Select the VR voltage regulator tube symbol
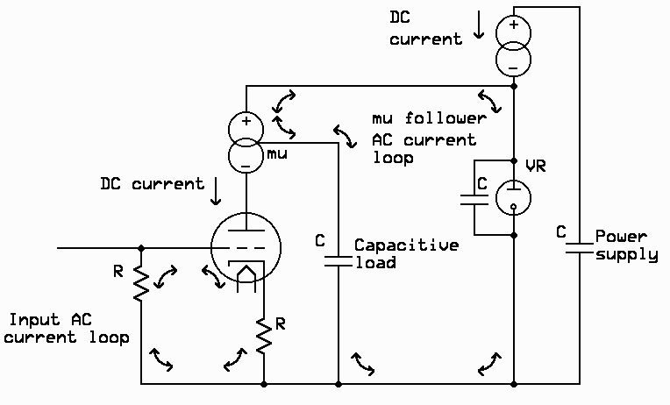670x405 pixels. click(x=513, y=198)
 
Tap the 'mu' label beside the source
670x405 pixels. click(x=278, y=153)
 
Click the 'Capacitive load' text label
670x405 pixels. click(x=405, y=253)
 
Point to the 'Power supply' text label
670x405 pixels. click(x=626, y=245)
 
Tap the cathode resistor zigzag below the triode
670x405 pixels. click(x=263, y=335)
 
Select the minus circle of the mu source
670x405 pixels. click(x=246, y=157)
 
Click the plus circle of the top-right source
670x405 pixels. click(x=513, y=31)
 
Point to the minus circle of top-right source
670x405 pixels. click(x=513, y=62)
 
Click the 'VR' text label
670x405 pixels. click(x=535, y=167)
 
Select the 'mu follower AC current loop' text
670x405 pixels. click(x=424, y=139)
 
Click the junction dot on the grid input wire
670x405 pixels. click(x=140, y=248)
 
